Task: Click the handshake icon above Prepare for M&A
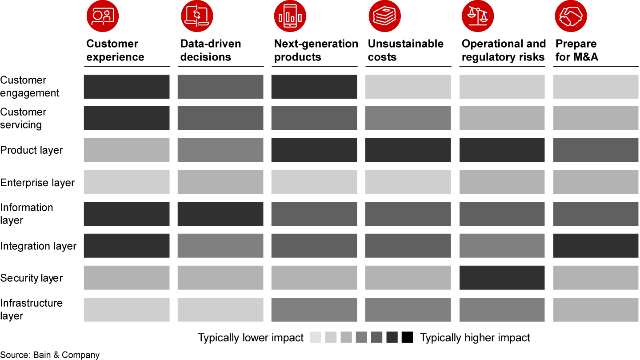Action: (x=571, y=16)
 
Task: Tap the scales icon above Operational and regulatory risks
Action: (x=478, y=16)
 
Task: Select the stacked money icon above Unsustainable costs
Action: (x=384, y=16)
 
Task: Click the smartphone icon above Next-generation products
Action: (x=290, y=16)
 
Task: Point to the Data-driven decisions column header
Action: (x=211, y=50)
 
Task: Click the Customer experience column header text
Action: (x=115, y=50)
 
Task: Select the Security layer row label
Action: (x=32, y=278)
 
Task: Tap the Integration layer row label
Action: (x=38, y=246)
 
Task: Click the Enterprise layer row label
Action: (x=37, y=183)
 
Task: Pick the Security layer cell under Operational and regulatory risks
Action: (x=502, y=278)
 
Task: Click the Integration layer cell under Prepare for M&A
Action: (x=596, y=246)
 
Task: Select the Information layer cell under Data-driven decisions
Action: (x=220, y=214)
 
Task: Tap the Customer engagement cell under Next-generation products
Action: (x=314, y=87)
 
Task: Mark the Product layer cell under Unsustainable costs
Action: (x=408, y=150)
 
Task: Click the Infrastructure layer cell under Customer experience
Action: (x=127, y=310)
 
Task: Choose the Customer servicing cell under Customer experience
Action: (x=127, y=118)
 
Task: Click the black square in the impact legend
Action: (x=407, y=338)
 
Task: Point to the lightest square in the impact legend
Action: (x=316, y=338)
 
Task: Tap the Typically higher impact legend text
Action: (x=475, y=338)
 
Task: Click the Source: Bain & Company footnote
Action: (x=50, y=355)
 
